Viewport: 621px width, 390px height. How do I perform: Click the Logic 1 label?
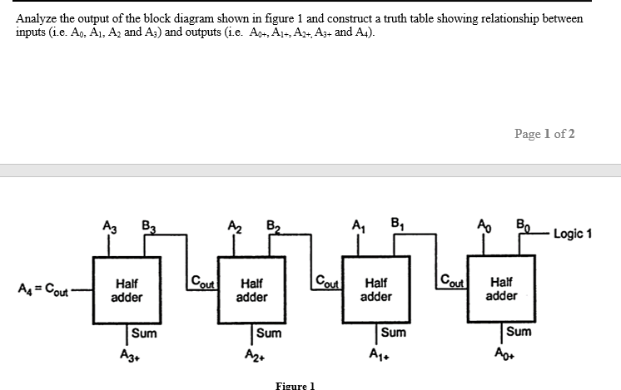tap(572, 234)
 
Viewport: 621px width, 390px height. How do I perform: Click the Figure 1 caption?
tap(296, 385)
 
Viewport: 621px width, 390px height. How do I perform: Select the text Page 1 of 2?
tap(544, 134)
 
